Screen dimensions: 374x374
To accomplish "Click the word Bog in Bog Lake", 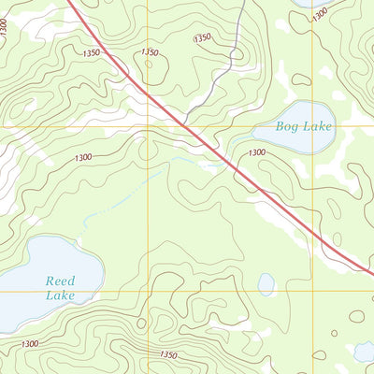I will (288, 125).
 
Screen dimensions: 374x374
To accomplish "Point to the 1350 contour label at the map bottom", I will (167, 355).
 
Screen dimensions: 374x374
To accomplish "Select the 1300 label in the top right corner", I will (320, 15).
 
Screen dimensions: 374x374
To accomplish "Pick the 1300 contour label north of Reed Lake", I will (81, 158).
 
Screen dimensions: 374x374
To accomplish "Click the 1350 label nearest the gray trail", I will (202, 38).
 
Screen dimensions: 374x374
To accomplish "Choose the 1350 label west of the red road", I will (149, 53).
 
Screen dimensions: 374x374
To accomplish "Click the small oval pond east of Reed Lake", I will (266, 283).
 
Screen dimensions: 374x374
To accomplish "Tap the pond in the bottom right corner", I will (364, 351).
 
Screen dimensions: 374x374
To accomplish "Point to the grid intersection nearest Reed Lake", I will (147, 291).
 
